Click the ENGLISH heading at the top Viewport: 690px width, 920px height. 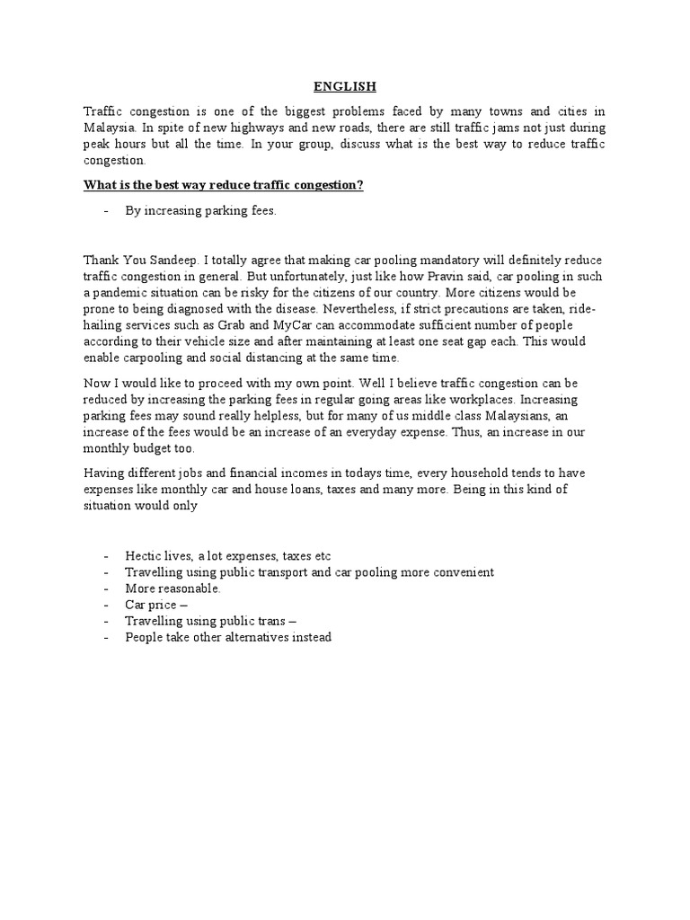point(345,86)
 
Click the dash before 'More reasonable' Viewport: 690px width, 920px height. point(107,588)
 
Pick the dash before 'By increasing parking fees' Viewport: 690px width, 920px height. point(107,211)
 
